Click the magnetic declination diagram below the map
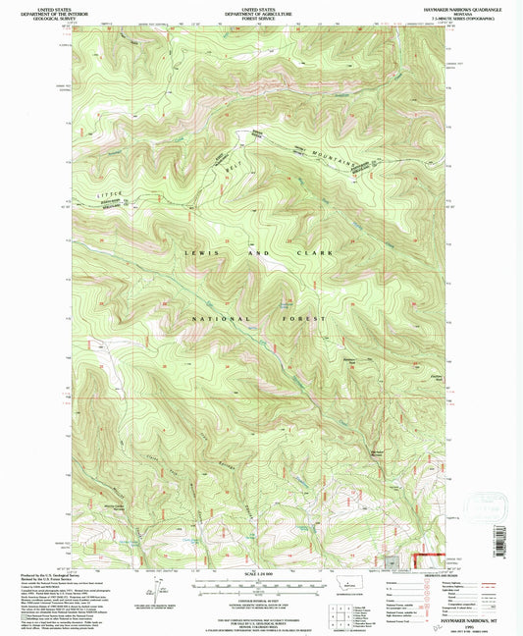pyautogui.click(x=155, y=589)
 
